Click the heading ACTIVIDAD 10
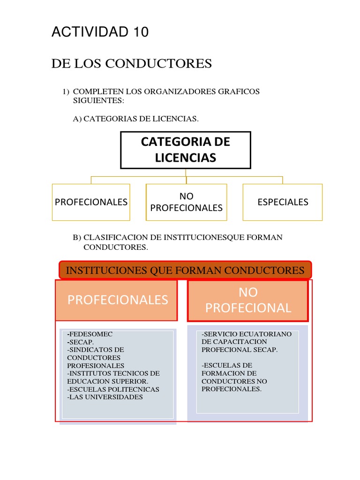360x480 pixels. click(100, 32)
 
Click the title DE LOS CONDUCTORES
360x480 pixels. click(131, 63)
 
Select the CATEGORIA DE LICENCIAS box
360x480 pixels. click(186, 150)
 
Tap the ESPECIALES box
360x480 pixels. click(283, 202)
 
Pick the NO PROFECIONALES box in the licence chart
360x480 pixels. click(186, 202)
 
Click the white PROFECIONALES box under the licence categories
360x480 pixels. click(91, 202)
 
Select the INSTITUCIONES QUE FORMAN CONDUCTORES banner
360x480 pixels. click(185, 270)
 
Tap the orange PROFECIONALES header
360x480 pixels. click(117, 300)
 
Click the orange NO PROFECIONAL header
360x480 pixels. click(248, 300)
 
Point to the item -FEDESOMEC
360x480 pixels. click(90, 334)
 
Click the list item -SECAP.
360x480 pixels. click(81, 342)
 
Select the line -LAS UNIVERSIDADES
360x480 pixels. click(105, 397)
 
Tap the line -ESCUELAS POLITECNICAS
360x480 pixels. click(113, 389)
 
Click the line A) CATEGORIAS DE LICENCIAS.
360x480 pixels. click(136, 119)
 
